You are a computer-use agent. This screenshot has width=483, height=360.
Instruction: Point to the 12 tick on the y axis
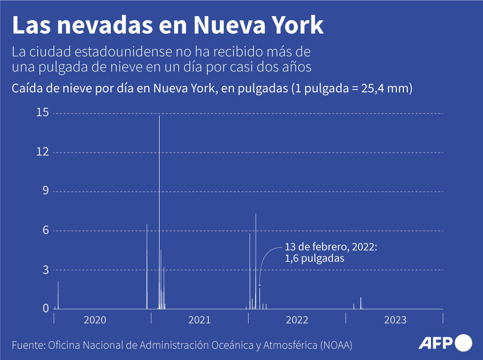(43, 152)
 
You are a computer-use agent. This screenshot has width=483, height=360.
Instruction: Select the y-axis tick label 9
(46, 191)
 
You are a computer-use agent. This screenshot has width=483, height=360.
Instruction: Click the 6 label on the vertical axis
(46, 231)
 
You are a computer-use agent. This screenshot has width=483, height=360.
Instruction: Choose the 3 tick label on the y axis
(46, 270)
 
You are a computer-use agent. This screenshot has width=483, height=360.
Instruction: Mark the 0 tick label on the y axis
(46, 309)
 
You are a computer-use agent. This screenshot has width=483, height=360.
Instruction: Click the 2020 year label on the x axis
(95, 320)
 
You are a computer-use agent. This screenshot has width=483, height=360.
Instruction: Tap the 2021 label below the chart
(199, 320)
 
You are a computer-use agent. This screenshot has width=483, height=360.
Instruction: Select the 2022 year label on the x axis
(297, 320)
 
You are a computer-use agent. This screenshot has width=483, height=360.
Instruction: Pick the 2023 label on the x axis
(395, 320)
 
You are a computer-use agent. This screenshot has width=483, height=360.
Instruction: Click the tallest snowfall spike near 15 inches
(159, 189)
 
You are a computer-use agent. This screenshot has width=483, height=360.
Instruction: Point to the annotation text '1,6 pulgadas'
(314, 259)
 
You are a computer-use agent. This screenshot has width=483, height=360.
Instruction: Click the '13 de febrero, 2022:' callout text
(331, 247)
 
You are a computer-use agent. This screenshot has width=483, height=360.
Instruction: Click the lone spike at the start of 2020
(58, 295)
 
